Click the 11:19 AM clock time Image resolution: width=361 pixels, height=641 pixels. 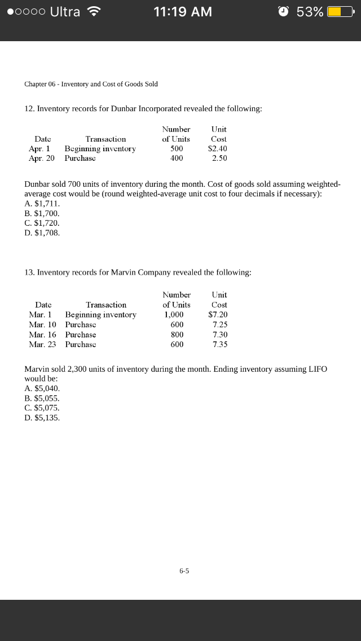[183, 12]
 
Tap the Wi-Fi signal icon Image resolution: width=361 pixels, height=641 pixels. [94, 11]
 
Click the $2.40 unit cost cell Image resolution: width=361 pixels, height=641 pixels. [218, 148]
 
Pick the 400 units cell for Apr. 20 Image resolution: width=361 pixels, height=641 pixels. [177, 159]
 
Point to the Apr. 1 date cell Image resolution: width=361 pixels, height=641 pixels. [39, 148]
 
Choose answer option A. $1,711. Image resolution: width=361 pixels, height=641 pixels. [42, 204]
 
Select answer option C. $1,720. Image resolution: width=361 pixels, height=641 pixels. [42, 223]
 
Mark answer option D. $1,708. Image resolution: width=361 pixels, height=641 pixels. [42, 232]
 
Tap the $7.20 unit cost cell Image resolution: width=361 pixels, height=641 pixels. [218, 314]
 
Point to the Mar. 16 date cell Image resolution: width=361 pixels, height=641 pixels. [43, 335]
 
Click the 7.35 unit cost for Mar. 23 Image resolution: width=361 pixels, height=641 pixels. [220, 344]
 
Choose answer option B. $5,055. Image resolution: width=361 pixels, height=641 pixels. [42, 398]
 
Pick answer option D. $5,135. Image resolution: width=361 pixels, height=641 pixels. [42, 418]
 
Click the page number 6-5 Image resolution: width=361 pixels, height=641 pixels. [184, 571]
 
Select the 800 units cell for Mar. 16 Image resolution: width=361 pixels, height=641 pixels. [177, 335]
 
